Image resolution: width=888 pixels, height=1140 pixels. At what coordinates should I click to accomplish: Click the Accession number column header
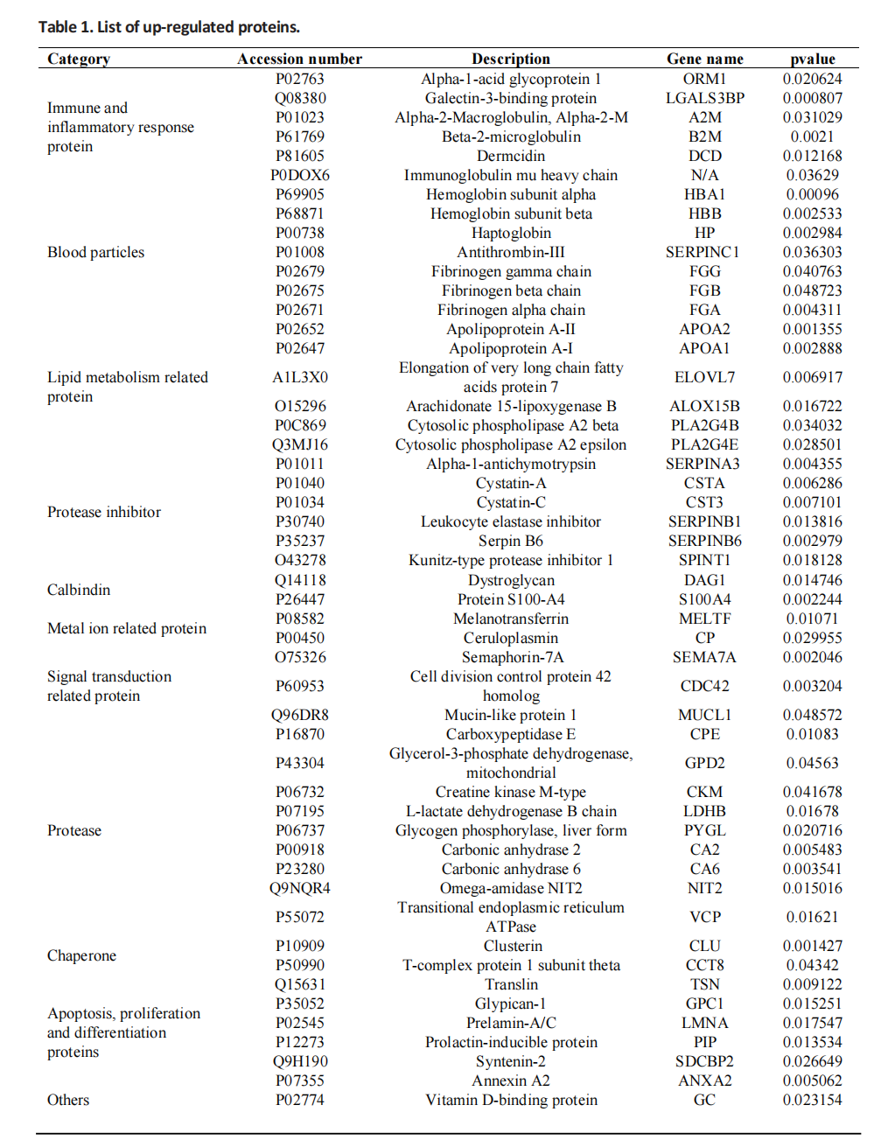coord(299,59)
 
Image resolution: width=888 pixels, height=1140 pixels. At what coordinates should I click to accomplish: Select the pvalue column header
coord(813,59)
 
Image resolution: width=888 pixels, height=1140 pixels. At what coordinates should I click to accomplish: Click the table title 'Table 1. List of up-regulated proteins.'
coord(169,27)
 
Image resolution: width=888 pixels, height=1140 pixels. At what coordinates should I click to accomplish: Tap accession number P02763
coord(299,79)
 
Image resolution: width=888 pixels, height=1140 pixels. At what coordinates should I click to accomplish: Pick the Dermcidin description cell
coord(511,156)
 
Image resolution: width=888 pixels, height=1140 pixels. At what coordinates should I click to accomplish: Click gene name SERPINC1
coord(704,252)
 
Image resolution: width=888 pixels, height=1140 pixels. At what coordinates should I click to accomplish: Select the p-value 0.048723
coord(813,290)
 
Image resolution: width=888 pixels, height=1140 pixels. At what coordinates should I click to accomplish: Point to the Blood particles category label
coord(95,252)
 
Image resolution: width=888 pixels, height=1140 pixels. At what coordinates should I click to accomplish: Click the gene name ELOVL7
coord(704,377)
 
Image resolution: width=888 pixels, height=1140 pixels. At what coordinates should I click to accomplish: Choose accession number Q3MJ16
coord(299,444)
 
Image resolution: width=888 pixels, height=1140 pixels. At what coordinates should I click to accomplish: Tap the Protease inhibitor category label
coord(104,512)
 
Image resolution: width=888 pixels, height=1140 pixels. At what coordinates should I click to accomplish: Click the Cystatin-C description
coord(511,502)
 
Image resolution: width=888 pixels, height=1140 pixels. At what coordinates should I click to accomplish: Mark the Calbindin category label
coord(79,590)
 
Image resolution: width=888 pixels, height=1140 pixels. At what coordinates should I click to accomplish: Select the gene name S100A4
coord(704,599)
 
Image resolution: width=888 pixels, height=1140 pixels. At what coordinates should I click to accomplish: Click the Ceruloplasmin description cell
coord(511,638)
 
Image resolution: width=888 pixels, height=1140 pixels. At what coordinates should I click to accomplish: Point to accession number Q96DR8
coord(299,715)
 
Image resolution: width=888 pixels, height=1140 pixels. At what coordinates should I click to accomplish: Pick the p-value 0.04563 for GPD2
coord(813,763)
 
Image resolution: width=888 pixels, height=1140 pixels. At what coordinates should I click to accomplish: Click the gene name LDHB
coord(704,811)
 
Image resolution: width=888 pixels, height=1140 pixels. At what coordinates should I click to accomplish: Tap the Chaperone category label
coord(81,955)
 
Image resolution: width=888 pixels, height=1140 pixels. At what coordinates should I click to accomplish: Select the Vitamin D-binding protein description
coord(511,1100)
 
